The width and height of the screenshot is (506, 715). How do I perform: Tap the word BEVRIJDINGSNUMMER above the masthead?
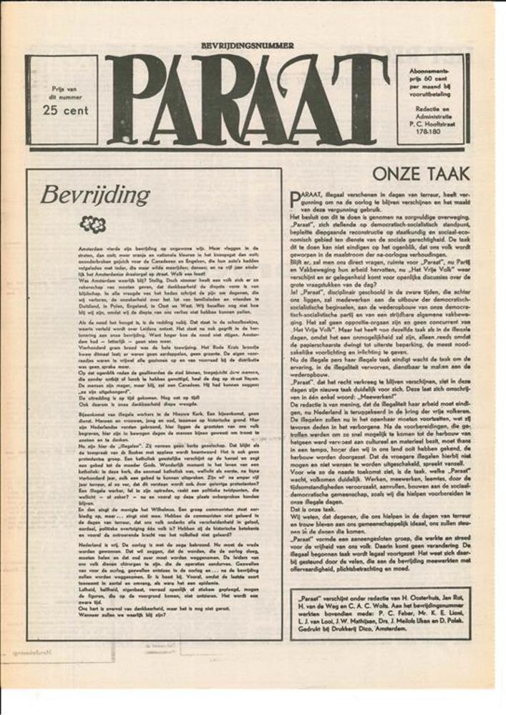248,45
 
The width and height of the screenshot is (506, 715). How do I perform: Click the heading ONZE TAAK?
421,174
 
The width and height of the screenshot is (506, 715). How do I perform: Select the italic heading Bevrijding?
95,194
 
